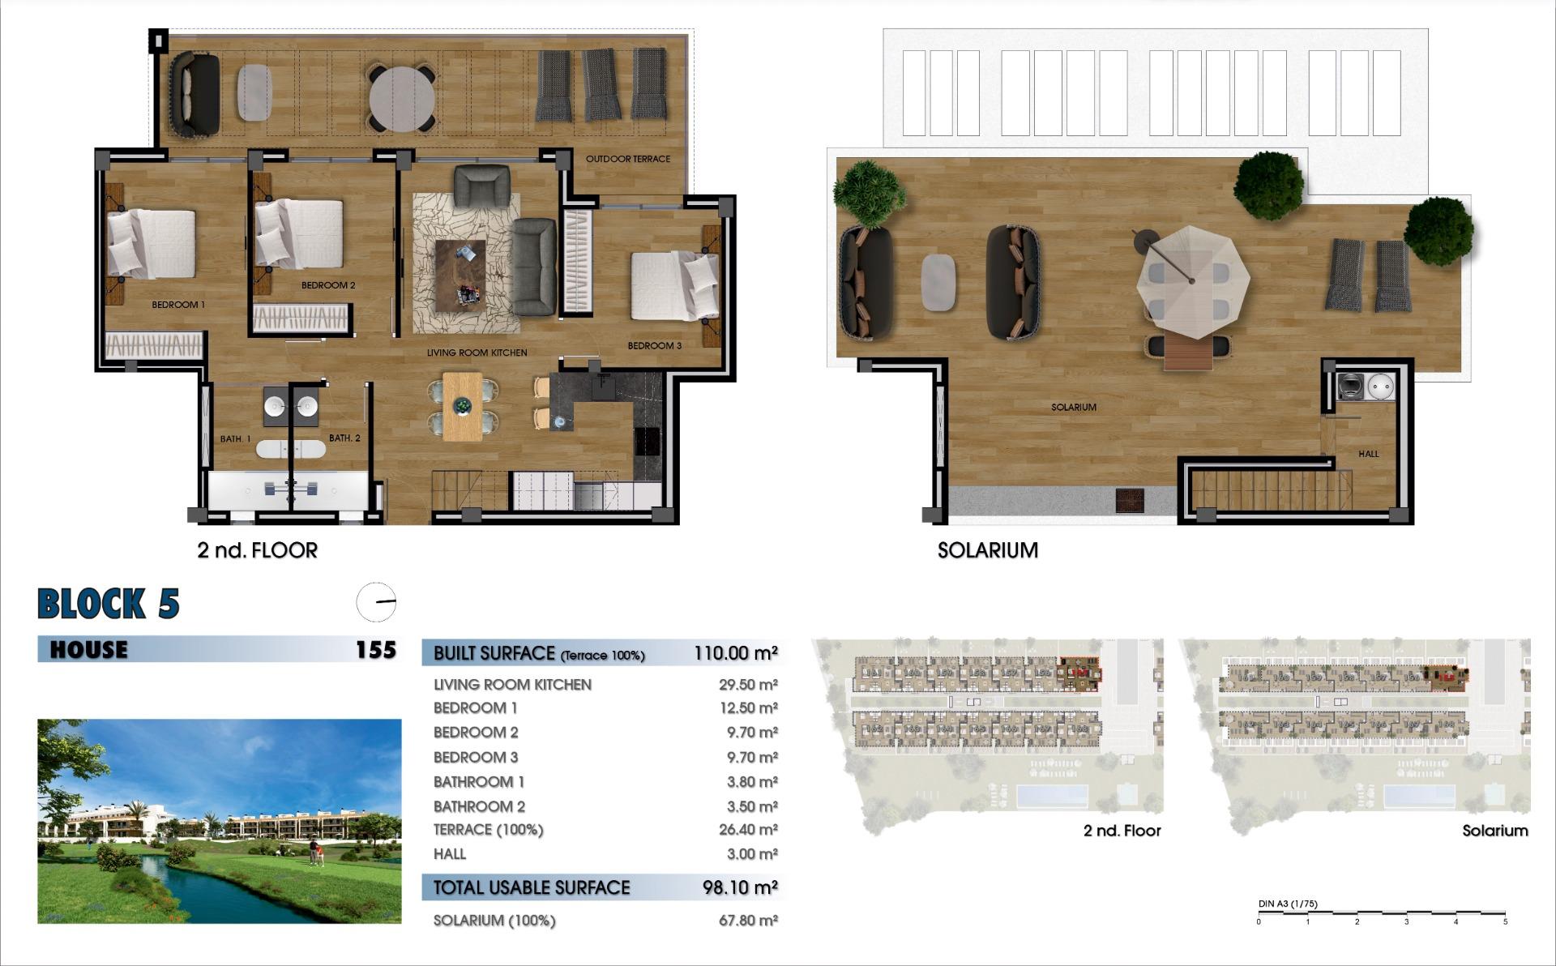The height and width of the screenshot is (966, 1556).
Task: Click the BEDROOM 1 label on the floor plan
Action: click(178, 305)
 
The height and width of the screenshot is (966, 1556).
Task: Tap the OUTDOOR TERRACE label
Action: click(628, 159)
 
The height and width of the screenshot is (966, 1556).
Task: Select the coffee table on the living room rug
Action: click(460, 276)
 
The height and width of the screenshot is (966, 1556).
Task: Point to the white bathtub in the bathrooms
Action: click(291, 448)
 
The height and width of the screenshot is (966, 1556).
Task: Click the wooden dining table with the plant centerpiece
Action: click(462, 406)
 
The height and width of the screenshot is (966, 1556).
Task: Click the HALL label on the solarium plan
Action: click(1368, 454)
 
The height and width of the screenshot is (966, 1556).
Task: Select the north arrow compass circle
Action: click(377, 602)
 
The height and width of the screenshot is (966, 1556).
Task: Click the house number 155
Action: click(375, 650)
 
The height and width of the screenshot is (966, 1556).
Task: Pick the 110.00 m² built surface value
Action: click(736, 653)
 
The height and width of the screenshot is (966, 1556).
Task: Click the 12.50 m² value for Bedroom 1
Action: click(748, 708)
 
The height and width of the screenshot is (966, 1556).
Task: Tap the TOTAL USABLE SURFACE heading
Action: click(532, 887)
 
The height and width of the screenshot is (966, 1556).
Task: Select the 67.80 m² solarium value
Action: click(748, 921)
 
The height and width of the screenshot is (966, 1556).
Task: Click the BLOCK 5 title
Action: click(109, 604)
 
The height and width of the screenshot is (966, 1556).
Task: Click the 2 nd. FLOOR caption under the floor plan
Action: click(258, 550)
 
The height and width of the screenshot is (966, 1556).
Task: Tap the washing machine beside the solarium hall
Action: click(1350, 387)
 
